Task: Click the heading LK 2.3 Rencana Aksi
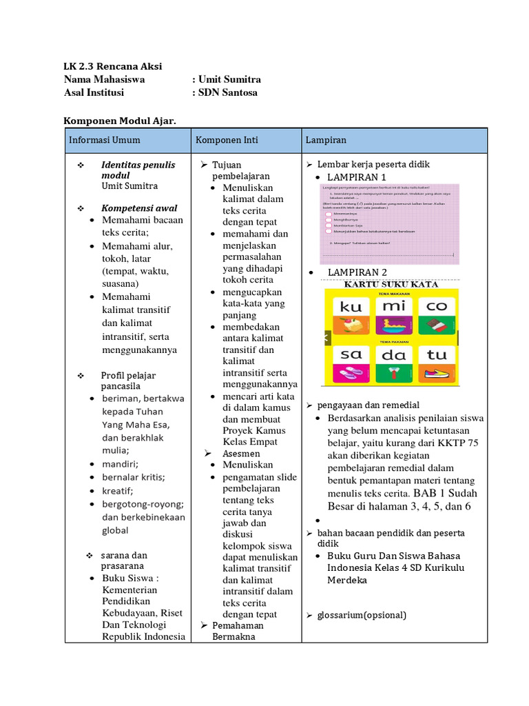[113, 66]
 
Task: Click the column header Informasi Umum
[104, 140]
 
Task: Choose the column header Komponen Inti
[227, 140]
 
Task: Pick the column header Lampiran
[326, 140]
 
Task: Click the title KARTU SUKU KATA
[391, 284]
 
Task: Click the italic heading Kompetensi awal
[139, 208]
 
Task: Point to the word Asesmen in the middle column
[241, 454]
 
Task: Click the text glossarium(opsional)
[362, 615]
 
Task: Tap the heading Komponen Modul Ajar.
[120, 121]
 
